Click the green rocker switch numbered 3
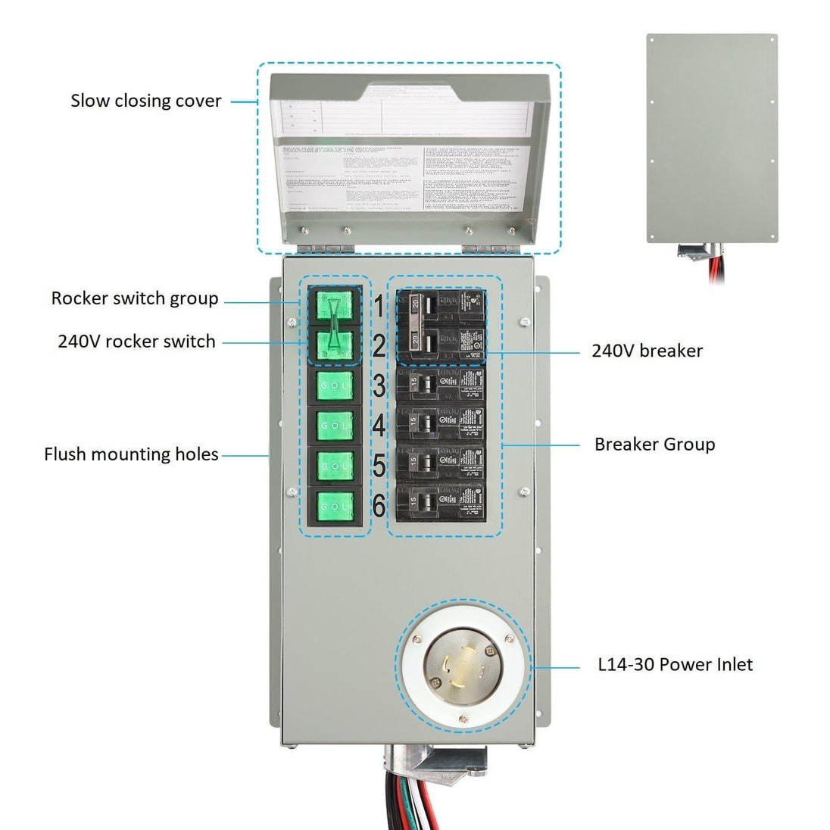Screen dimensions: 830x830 (x=334, y=386)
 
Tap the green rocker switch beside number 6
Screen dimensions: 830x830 (x=334, y=504)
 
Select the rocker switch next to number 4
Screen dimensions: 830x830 (x=334, y=426)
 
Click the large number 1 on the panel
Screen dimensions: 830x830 (x=378, y=307)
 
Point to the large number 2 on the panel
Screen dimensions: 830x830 (x=379, y=346)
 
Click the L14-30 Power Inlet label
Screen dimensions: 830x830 (x=675, y=665)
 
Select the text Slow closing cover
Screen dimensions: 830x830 (x=146, y=101)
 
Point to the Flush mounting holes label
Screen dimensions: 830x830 (x=131, y=454)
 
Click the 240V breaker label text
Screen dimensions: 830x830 (x=647, y=351)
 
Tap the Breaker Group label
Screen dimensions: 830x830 (x=654, y=444)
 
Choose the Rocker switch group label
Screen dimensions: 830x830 (x=135, y=298)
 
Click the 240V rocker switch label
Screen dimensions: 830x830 (x=136, y=342)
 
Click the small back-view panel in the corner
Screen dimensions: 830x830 (x=712, y=138)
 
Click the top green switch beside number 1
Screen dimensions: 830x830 (x=334, y=306)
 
